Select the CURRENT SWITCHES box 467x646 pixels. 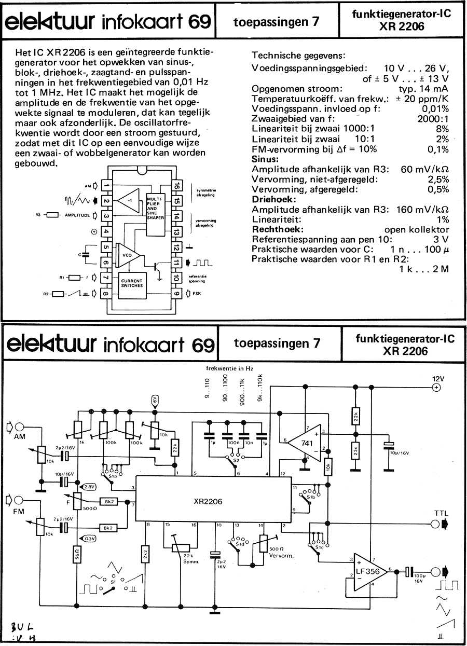point(132,282)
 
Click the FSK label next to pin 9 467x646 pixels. point(197,294)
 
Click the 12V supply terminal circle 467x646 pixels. point(436,387)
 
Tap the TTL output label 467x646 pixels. point(442,514)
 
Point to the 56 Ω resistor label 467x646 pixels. point(76,556)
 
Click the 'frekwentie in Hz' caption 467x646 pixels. point(229,367)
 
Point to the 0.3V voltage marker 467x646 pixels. point(89,538)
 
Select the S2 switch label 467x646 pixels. point(236,459)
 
